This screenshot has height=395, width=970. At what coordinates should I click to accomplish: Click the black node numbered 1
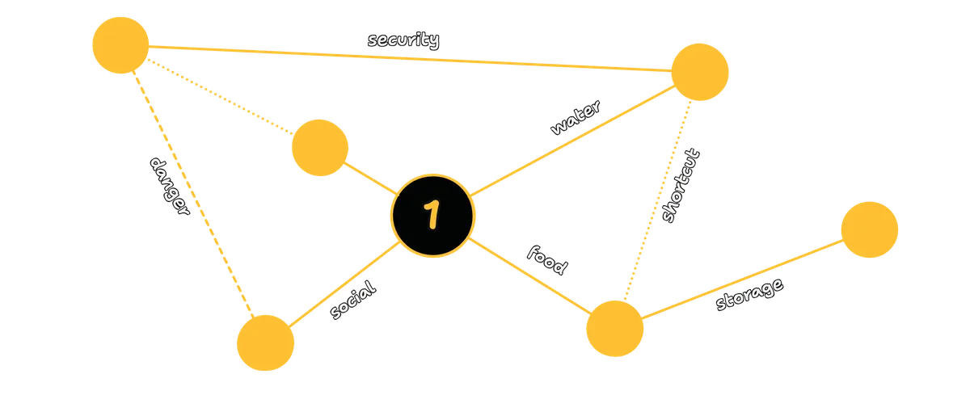pos(432,216)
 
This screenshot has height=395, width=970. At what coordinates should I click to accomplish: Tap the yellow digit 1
pos(432,214)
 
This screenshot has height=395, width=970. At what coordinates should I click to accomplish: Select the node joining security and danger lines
pos(120,45)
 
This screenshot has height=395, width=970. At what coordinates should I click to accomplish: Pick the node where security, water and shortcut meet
pos(700,72)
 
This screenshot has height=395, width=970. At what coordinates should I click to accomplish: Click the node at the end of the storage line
pos(870,229)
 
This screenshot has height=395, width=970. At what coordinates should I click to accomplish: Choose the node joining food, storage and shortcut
pos(614,329)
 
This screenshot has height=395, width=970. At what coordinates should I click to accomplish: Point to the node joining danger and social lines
pos(265,342)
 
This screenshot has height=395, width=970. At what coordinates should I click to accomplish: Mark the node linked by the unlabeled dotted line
pos(320,148)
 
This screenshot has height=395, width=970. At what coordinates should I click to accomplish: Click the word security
pos(403,40)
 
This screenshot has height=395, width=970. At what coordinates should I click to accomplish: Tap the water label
pos(576,117)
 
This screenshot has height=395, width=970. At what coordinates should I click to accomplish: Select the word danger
pos(170,186)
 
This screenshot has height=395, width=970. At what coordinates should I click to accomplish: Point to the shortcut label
pos(681,185)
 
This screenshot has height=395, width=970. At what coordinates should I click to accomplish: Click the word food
pos(547,260)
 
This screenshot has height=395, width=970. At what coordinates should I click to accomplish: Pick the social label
pos(353,300)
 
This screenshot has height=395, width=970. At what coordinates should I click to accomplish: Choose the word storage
pos(749,294)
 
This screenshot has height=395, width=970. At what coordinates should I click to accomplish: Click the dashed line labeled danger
pos(192,194)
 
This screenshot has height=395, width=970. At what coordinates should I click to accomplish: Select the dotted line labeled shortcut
pos(658,200)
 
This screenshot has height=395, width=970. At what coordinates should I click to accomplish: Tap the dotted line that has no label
pos(220,96)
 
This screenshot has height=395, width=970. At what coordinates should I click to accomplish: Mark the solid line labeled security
pos(410,58)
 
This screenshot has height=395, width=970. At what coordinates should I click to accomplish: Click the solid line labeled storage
pos(742,279)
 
